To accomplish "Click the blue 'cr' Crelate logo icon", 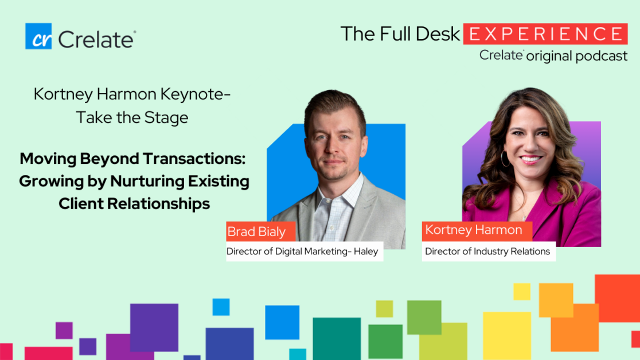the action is (x=38, y=36).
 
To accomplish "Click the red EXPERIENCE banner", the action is (x=545, y=34).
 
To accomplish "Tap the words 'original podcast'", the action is (x=577, y=56).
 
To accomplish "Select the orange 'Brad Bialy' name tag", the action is (x=261, y=232).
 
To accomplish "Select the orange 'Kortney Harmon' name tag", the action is (x=477, y=230).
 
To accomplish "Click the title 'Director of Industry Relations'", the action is (x=488, y=251).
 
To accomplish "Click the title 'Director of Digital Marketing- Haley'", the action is (x=302, y=251).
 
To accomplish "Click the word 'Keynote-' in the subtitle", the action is (x=196, y=94).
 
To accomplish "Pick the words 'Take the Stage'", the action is (x=132, y=118).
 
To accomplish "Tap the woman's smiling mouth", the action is (x=530, y=159).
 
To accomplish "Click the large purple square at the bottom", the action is (x=154, y=327).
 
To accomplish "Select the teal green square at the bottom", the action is (x=337, y=339).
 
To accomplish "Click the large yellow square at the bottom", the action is (x=507, y=336).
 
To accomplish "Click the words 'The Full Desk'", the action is (x=400, y=34).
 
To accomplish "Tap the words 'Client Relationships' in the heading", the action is (x=134, y=204).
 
